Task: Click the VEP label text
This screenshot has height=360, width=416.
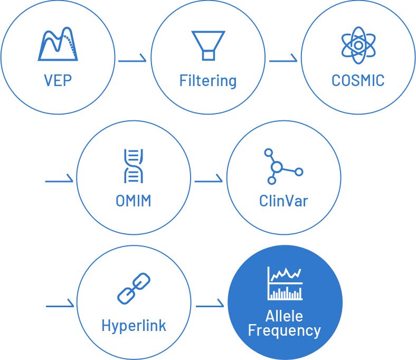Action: [58, 80]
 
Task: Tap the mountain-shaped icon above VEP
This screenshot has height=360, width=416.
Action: [58, 44]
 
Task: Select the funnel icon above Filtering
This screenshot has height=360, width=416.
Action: [209, 45]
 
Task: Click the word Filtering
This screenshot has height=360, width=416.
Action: [208, 81]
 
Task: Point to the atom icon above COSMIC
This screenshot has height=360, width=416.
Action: [358, 45]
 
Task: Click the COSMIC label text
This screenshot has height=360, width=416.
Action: [358, 80]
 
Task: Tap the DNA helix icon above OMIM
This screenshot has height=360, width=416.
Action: [134, 166]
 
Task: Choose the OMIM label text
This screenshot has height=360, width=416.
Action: [134, 201]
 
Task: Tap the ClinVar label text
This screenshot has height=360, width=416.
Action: [283, 201]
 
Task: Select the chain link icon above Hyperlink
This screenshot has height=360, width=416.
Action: [134, 288]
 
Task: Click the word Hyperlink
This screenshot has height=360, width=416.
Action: [134, 326]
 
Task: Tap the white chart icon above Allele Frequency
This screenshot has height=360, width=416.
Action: [285, 283]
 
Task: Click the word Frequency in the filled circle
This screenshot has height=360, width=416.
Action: [285, 331]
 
